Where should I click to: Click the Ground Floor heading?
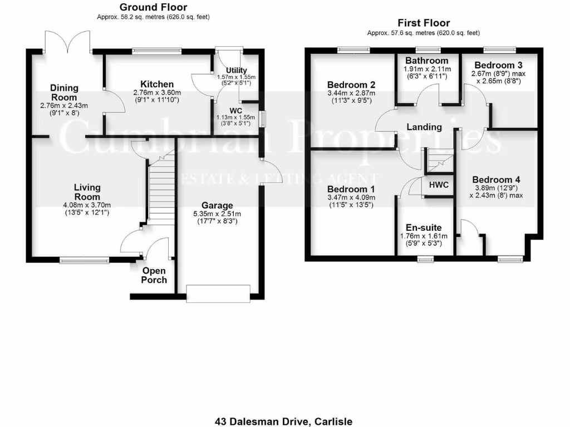(153, 7)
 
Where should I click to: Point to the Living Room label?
(87, 192)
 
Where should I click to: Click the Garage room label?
(218, 205)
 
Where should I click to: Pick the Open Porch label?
(154, 275)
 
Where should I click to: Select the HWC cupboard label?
(439, 185)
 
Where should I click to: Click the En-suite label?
(424, 227)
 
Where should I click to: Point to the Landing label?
(424, 127)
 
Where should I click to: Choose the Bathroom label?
(426, 61)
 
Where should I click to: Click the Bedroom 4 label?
(496, 180)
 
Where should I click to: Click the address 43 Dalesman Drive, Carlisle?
(284, 421)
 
